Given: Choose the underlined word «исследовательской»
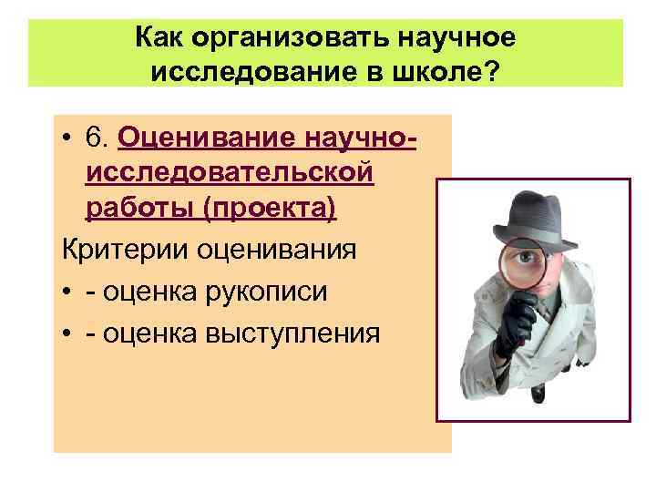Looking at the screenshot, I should (x=230, y=172).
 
